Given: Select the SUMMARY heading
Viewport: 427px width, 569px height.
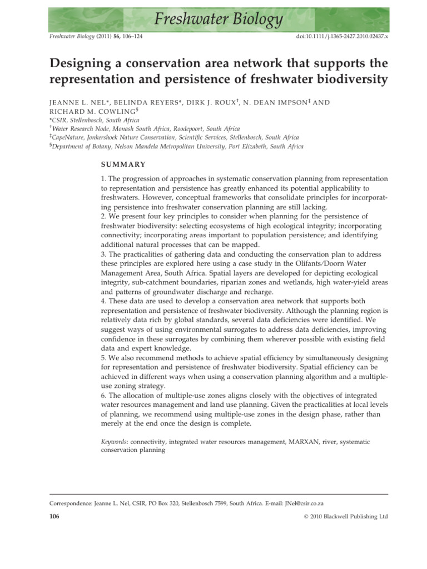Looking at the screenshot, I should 123,164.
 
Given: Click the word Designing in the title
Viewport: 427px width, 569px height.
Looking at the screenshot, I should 84,62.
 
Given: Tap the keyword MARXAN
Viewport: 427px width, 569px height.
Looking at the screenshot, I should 299,442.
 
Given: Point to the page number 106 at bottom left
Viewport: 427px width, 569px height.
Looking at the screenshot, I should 54,517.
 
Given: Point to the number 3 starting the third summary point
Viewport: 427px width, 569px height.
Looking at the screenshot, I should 103,253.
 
